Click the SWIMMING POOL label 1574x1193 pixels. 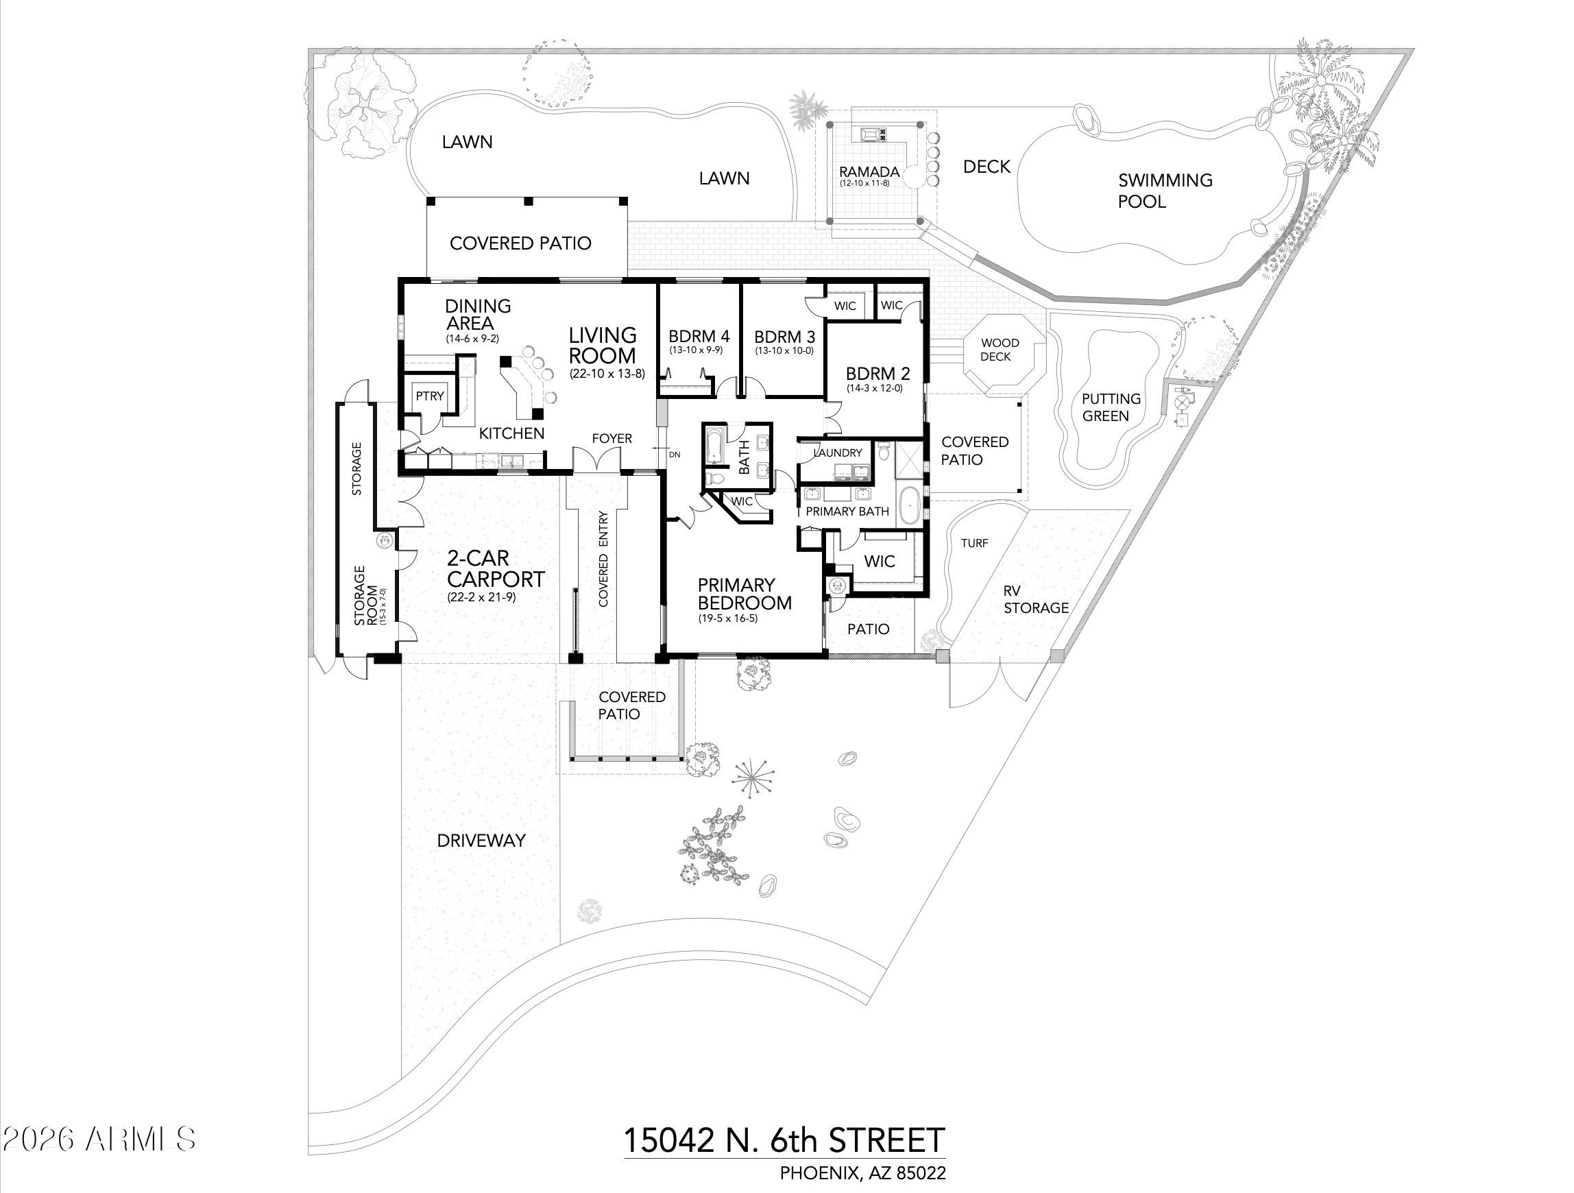[x=1164, y=191]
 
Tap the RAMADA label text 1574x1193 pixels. [x=869, y=171]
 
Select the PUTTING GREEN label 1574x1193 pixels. [x=1110, y=407]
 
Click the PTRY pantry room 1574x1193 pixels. [x=430, y=396]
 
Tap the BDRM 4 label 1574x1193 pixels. [x=699, y=336]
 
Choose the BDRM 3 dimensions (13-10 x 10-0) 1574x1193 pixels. [x=784, y=351]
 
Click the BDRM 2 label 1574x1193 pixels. [x=877, y=373]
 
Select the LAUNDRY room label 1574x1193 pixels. [x=838, y=453]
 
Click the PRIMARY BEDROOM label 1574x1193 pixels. [x=744, y=594]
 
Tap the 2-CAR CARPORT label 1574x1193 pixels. [x=495, y=569]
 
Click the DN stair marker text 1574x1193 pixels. [x=674, y=454]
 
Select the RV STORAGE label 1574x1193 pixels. [x=1035, y=599]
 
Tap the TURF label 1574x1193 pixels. [x=974, y=543]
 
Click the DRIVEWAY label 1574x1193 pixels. [x=481, y=841]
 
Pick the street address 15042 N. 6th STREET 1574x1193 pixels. [x=784, y=1140]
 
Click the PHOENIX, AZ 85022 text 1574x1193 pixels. [x=862, y=1173]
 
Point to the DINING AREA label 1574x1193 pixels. [x=476, y=314]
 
